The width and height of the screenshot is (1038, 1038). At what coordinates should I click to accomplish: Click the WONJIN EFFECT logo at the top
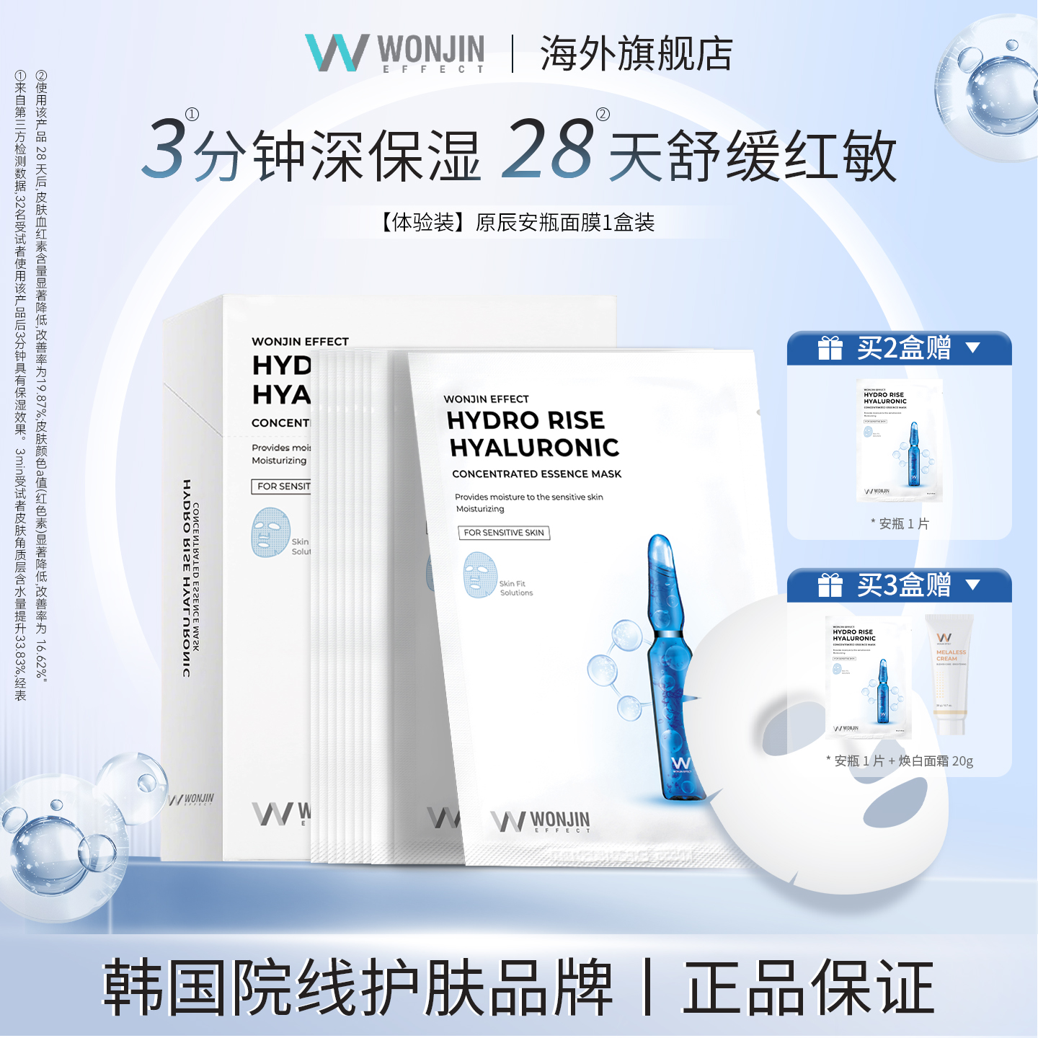[395, 53]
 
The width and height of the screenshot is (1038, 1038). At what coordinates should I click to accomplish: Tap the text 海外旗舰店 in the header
[636, 54]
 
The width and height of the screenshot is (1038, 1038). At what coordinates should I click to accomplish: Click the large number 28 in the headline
[548, 150]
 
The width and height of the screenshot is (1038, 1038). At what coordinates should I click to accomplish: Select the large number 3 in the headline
[164, 150]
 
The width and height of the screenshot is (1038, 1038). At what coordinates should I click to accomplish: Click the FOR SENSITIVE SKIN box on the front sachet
[504, 533]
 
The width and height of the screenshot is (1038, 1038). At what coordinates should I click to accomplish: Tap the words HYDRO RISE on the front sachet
[525, 420]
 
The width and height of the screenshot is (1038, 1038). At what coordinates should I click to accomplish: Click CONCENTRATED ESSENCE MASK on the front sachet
[536, 474]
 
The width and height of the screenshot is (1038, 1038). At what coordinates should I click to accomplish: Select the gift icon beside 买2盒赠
[830, 348]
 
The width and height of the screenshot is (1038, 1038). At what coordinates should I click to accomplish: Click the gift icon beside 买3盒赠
[830, 585]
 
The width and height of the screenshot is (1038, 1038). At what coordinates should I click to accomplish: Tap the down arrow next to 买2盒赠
[973, 348]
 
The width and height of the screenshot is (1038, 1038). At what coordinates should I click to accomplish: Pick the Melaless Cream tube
[950, 674]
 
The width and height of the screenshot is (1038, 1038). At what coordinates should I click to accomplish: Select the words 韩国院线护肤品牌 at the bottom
[358, 988]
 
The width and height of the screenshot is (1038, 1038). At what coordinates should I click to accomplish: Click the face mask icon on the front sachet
[479, 575]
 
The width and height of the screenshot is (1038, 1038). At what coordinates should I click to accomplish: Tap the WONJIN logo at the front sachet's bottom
[541, 821]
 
